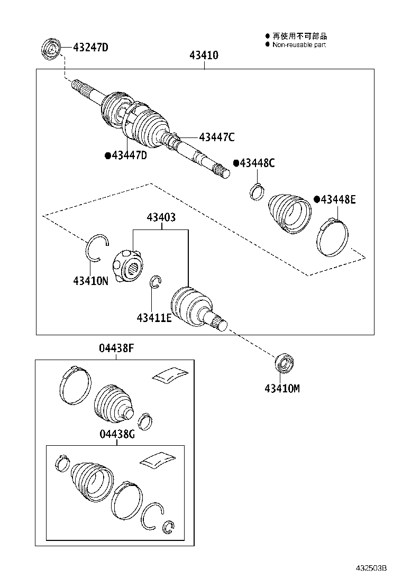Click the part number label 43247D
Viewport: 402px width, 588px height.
coord(90,48)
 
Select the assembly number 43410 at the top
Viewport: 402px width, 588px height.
coord(204,56)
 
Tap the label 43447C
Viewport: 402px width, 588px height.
coord(217,137)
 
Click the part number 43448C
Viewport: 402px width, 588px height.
coord(257,163)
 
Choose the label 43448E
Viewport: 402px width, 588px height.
coord(337,199)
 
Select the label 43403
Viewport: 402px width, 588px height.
coord(161,217)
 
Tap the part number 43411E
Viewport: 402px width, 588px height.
coord(154,318)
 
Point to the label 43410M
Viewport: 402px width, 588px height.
coord(282,389)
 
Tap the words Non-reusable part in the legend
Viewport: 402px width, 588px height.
coord(299,45)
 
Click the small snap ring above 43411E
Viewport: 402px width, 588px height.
coord(156,283)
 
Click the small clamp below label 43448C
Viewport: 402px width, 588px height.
coord(257,191)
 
